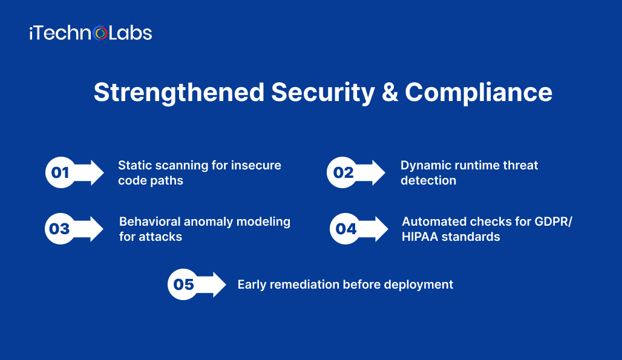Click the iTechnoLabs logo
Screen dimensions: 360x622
coord(90,33)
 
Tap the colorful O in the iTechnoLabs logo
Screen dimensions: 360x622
coord(101,33)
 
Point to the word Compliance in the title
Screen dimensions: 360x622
coord(478,93)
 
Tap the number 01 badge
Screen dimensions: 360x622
coord(60,173)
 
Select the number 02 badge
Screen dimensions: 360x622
coord(343,173)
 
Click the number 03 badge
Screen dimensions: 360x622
coord(60,229)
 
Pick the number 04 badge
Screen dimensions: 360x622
coord(345,229)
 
